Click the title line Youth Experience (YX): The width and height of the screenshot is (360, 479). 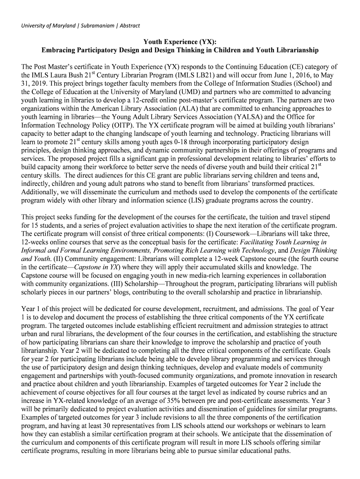180,42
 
